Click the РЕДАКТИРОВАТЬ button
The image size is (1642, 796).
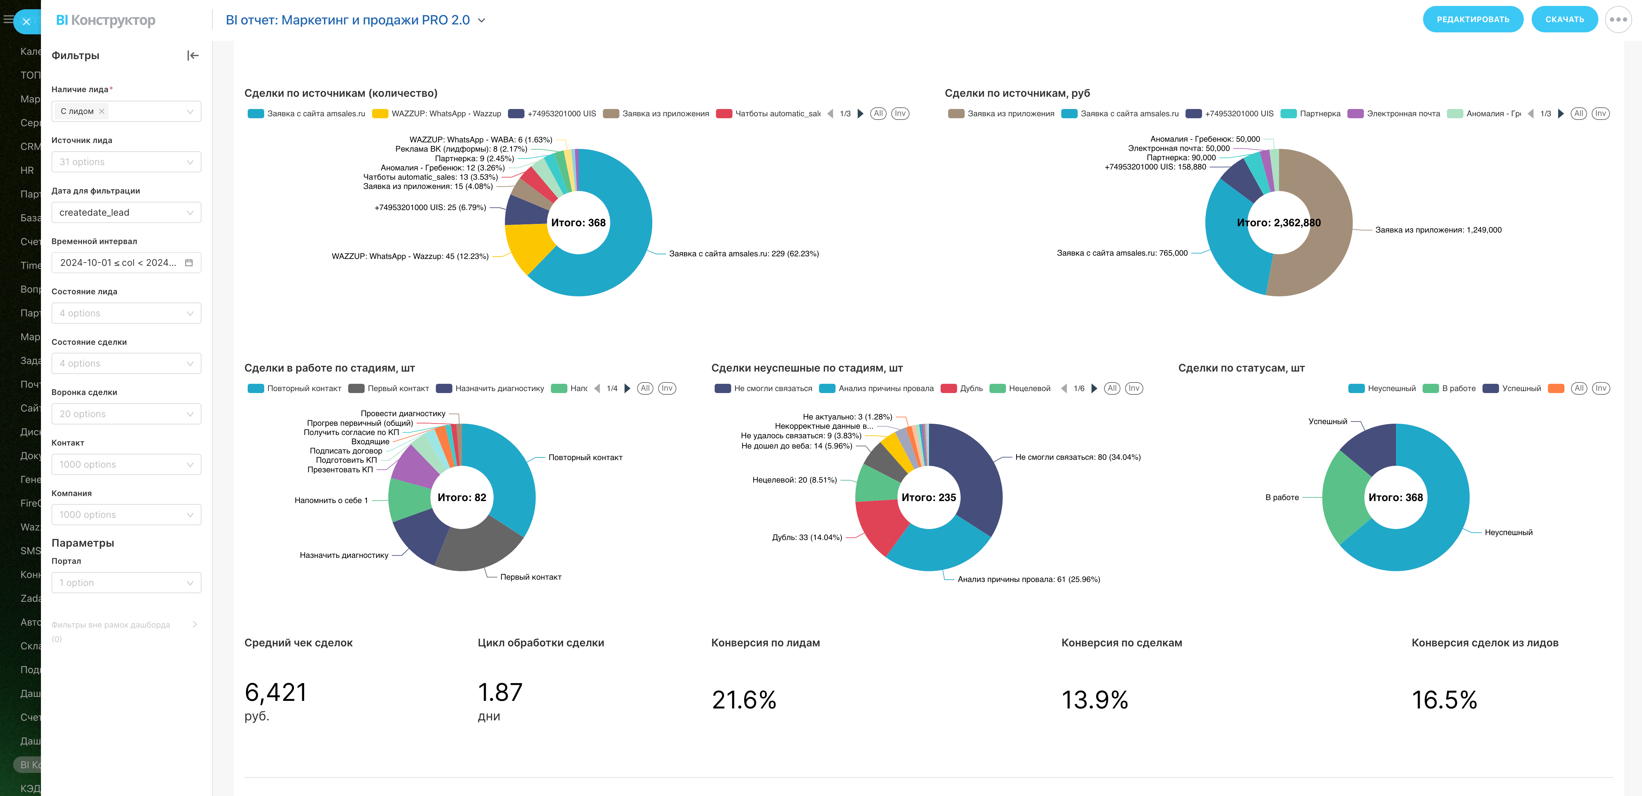click(1473, 19)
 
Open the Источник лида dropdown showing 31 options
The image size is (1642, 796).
click(125, 162)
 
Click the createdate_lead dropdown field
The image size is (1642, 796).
click(125, 212)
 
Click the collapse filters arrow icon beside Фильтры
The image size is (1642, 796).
click(193, 55)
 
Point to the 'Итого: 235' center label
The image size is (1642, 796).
click(928, 497)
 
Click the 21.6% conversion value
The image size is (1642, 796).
click(744, 700)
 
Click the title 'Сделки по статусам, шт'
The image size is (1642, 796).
click(1241, 368)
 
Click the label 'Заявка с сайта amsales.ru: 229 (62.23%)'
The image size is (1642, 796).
click(743, 254)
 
